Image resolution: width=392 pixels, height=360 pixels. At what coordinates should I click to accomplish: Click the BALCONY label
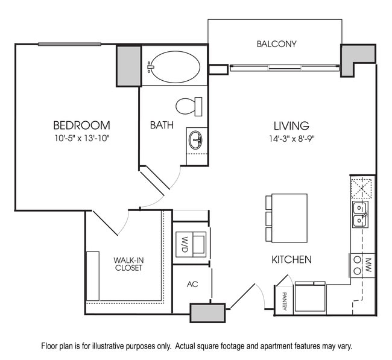click(x=276, y=44)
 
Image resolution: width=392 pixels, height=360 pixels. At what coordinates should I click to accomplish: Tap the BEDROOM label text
click(x=81, y=125)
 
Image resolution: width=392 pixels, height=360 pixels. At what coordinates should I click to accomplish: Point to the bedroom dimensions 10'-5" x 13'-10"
click(x=81, y=138)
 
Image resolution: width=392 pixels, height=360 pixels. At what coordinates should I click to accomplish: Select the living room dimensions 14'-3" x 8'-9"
click(x=291, y=138)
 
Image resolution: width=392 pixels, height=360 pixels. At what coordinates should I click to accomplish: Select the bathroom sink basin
click(x=196, y=141)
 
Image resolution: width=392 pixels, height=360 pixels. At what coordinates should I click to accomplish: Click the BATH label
click(x=162, y=125)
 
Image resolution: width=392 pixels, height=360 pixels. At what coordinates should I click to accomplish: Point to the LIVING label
click(x=291, y=125)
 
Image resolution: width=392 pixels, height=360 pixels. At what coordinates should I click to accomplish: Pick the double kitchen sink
click(x=361, y=214)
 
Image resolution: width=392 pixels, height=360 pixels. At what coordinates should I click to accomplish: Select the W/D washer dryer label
click(x=185, y=244)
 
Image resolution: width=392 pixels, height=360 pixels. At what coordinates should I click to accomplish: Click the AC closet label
click(x=192, y=284)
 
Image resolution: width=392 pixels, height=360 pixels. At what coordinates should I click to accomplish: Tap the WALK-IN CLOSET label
click(x=128, y=264)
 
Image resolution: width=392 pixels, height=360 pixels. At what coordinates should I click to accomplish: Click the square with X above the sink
click(x=363, y=188)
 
